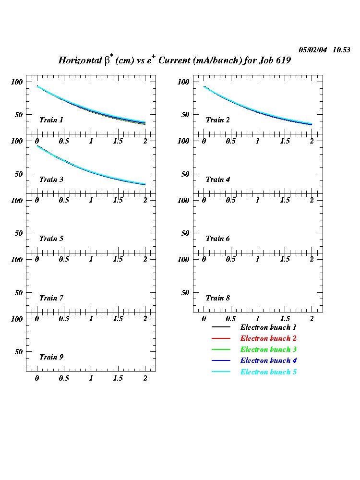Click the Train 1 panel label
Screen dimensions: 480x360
click(x=51, y=120)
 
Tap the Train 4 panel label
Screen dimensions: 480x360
click(x=218, y=180)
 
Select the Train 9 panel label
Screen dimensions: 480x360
click(x=51, y=357)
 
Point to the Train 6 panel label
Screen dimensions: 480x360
click(x=218, y=239)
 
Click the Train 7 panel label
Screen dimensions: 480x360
click(x=51, y=298)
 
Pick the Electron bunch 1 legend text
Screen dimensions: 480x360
click(x=268, y=327)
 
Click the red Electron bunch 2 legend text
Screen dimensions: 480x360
click(x=268, y=338)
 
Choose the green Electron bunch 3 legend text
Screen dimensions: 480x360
click(x=268, y=349)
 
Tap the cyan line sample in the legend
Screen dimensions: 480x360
click(x=221, y=372)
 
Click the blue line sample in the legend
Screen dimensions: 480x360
click(x=221, y=361)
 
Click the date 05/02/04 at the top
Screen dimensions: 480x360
click(x=313, y=50)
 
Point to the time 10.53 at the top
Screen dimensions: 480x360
click(x=341, y=50)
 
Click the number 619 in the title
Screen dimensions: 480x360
click(x=283, y=61)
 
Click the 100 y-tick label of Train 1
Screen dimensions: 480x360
click(x=17, y=82)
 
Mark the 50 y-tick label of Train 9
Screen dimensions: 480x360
click(x=19, y=351)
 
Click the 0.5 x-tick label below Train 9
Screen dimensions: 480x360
click(x=64, y=378)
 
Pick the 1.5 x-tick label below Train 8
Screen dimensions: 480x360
click(x=285, y=319)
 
